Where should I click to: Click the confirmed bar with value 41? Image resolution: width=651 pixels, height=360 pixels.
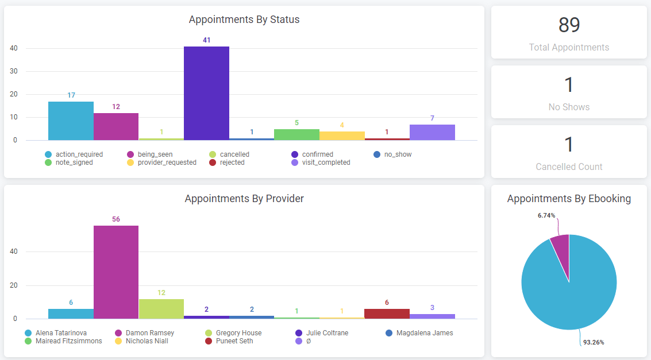[206, 93]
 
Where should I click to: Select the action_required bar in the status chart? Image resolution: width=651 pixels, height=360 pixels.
[71, 121]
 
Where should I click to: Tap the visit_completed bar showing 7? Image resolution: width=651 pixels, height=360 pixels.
[432, 132]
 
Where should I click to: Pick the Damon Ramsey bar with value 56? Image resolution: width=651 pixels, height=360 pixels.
[116, 272]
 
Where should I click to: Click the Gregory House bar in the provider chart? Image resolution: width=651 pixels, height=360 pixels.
[161, 309]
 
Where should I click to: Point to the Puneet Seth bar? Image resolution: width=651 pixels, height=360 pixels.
[387, 313]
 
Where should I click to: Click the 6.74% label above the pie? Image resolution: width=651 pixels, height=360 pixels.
[546, 215]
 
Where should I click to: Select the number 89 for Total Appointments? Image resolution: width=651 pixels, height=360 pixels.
[569, 25]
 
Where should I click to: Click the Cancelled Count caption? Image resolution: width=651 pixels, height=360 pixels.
[569, 167]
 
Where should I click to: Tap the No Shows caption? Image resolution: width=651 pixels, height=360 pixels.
[569, 107]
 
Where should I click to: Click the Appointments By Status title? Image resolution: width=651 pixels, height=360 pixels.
[244, 20]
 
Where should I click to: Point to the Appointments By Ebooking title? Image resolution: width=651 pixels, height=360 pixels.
[569, 199]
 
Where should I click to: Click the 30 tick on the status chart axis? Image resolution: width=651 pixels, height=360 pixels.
[14, 71]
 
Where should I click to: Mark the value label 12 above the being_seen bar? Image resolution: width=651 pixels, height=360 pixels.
[116, 107]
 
